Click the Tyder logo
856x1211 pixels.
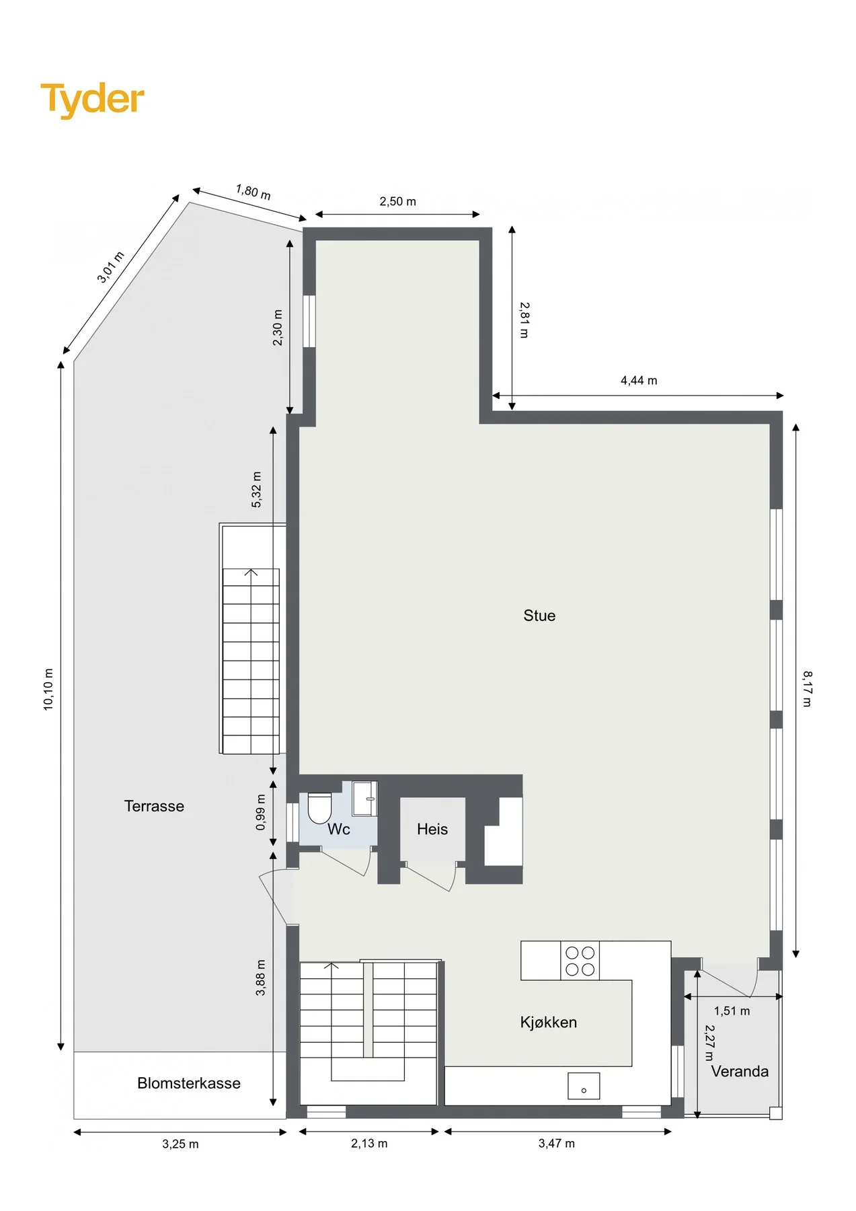[92, 100]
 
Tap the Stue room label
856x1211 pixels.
[539, 616]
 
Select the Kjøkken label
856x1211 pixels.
[549, 1023]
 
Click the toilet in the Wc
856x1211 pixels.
[319, 807]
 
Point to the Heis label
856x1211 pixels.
[432, 830]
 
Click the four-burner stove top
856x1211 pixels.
[580, 961]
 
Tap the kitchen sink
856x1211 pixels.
[584, 1086]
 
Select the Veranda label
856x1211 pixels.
[740, 1072]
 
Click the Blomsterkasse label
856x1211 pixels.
[189, 1083]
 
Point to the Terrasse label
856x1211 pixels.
[154, 806]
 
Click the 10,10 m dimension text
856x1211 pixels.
[48, 689]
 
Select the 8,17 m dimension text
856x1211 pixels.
[807, 688]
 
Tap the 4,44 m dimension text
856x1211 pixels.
[639, 381]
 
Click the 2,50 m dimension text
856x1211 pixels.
[398, 202]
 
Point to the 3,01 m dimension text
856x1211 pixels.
[111, 267]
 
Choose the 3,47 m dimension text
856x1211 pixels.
[557, 1143]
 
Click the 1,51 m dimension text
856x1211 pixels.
[732, 1011]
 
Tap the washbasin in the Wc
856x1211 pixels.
[365, 799]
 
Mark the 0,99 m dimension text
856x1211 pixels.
[261, 813]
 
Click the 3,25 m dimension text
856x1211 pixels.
[180, 1144]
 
